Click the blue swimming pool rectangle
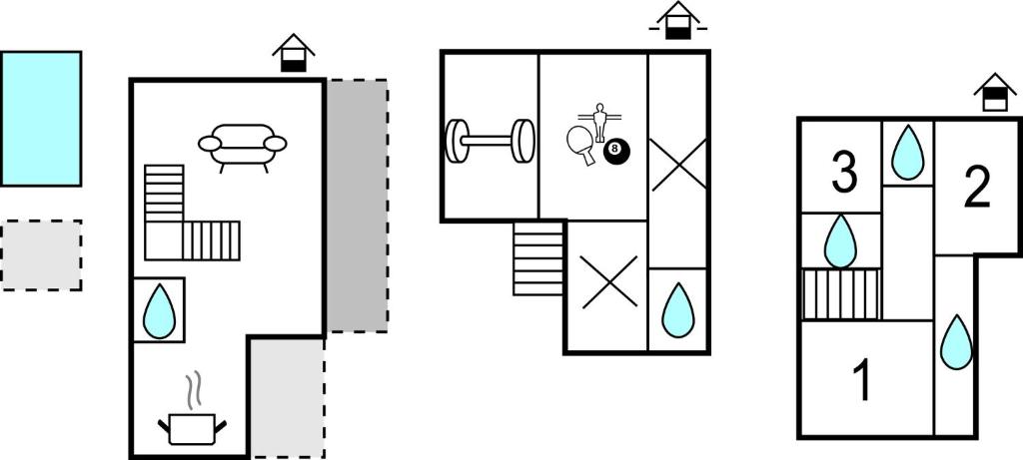point(41,119)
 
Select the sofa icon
point(242,147)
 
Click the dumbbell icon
point(490,141)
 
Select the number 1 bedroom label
point(860,381)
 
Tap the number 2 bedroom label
point(977,186)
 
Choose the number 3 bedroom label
point(844,172)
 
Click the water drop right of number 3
point(907,153)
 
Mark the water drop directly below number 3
point(840,241)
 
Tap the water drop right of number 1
point(956,341)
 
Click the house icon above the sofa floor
point(293,54)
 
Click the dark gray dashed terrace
point(357,207)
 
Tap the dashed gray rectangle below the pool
point(41,255)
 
